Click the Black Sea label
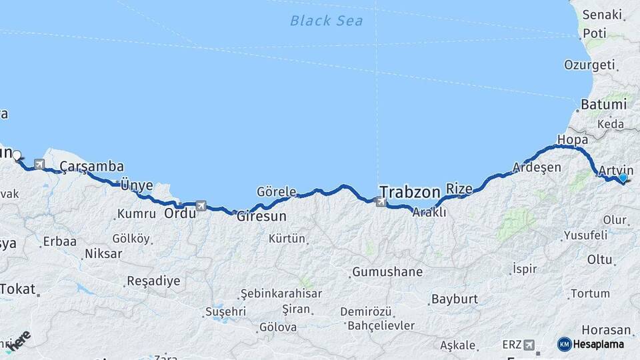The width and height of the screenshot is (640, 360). [326, 21]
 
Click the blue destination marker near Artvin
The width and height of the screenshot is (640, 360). [623, 178]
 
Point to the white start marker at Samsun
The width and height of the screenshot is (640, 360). [17, 155]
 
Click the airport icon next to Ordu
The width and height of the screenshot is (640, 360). [201, 206]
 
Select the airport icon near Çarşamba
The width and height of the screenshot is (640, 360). [40, 164]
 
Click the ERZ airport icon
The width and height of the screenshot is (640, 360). [530, 345]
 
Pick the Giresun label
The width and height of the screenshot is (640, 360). [262, 217]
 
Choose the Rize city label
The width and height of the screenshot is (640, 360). [459, 189]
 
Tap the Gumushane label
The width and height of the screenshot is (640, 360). [387, 272]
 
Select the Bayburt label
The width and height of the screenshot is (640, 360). [455, 299]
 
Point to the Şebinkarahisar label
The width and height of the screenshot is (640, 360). [281, 293]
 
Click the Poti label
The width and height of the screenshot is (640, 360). [595, 33]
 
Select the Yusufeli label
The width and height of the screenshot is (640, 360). [585, 235]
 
